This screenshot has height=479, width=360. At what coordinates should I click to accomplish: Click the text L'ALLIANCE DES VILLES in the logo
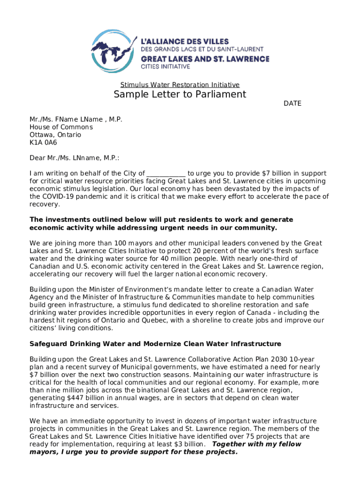click(x=191, y=40)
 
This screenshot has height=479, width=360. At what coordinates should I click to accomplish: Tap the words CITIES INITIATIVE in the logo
click(x=166, y=67)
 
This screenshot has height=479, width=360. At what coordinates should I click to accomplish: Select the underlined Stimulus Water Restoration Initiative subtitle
click(x=180, y=85)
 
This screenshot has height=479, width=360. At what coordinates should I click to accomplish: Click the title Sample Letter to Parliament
click(x=180, y=94)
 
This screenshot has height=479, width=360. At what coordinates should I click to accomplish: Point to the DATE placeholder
click(x=292, y=103)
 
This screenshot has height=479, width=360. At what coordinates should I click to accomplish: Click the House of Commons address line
click(x=61, y=127)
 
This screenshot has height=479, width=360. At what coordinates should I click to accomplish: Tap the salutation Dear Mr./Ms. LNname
click(x=74, y=158)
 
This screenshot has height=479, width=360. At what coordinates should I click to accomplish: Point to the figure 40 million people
click(x=187, y=258)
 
